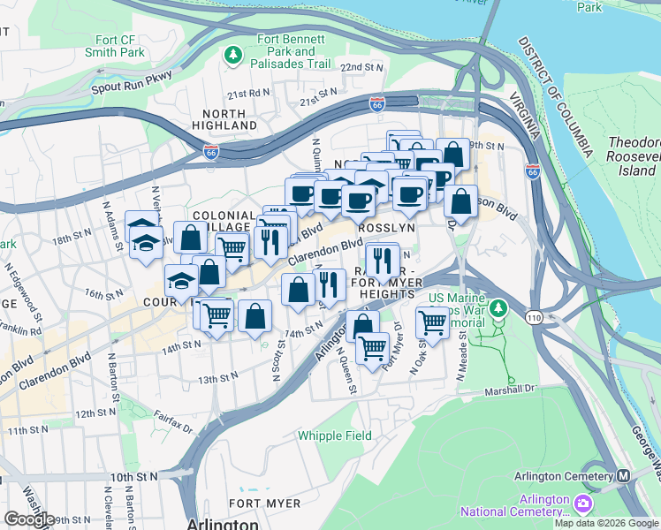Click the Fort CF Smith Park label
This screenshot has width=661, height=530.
(107, 46)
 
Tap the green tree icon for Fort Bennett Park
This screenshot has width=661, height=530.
(233, 56)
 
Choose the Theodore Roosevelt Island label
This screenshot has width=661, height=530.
(634, 156)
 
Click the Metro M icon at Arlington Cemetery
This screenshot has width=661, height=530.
(624, 475)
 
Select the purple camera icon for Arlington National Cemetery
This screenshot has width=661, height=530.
(583, 504)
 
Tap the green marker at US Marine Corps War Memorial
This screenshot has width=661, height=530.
(500, 308)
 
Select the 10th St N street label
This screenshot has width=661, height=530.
(133, 476)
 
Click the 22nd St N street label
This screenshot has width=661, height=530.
(362, 67)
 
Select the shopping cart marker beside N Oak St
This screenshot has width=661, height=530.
(432, 322)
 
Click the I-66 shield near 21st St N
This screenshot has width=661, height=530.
(376, 104)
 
